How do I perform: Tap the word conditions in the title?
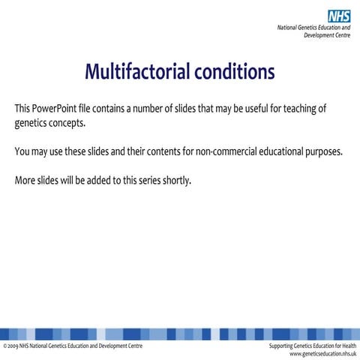pyautogui.click(x=235, y=72)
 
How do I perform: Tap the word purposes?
pyautogui.click(x=331, y=152)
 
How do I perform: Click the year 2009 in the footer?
pyautogui.click(x=13, y=346)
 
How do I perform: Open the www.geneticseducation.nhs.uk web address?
pyautogui.click(x=318, y=353)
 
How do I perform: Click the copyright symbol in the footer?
pyautogui.click(x=4, y=346)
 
